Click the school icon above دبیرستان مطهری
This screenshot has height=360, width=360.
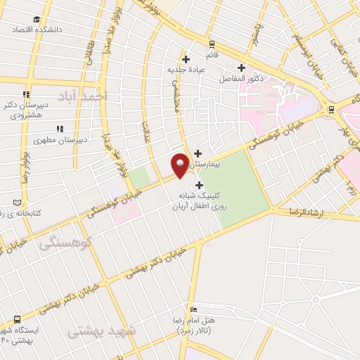pyautogui.click(x=60, y=129)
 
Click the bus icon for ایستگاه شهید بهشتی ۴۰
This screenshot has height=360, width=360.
pyautogui.click(x=17, y=317)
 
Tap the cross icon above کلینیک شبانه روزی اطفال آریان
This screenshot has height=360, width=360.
pyautogui.click(x=199, y=185)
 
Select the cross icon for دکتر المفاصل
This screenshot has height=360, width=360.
pyautogui.click(x=241, y=67)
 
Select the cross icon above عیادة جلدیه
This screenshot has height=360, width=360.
pyautogui.click(x=186, y=59)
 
